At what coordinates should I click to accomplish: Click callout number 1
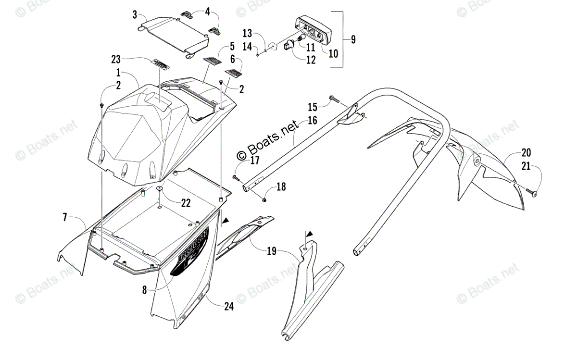pyautogui.click(x=118, y=73)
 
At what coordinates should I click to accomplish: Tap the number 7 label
pyautogui.click(x=65, y=218)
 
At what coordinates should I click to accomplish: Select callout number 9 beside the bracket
pyautogui.click(x=353, y=39)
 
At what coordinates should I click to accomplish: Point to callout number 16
pyautogui.click(x=312, y=120)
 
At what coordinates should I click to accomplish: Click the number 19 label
pyautogui.click(x=272, y=251)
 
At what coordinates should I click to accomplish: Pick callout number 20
pyautogui.click(x=527, y=153)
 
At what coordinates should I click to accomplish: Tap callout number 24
pyautogui.click(x=228, y=306)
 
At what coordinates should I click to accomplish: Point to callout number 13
pyautogui.click(x=247, y=33)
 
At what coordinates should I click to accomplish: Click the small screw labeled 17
pyautogui.click(x=235, y=178)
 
